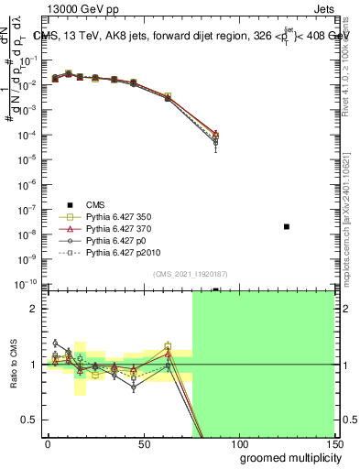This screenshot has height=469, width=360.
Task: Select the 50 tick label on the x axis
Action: [143, 443]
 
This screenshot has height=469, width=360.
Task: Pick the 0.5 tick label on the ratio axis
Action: [28, 420]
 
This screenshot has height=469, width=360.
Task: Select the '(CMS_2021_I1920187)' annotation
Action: [191, 273]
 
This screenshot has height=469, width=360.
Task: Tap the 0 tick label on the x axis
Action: [48, 443]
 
